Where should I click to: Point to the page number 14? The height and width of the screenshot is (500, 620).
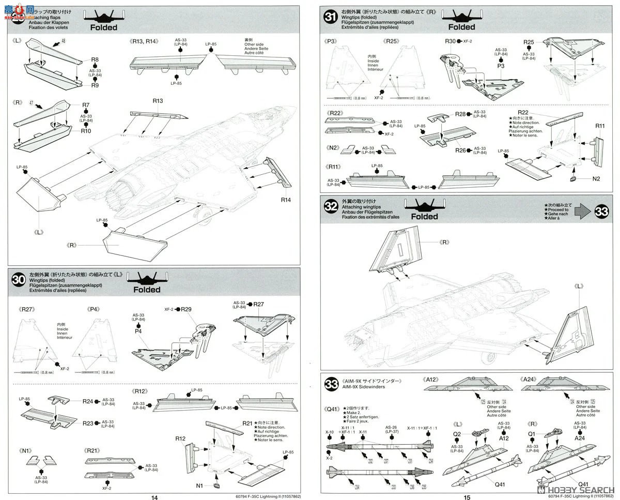pyautogui.click(x=153, y=497)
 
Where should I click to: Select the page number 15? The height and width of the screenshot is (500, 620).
pyautogui.click(x=467, y=497)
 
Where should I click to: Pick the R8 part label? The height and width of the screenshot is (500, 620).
pyautogui.click(x=95, y=60)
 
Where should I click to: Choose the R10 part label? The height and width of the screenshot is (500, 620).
pyautogui.click(x=86, y=131)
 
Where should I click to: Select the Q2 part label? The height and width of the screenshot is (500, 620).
pyautogui.click(x=457, y=434)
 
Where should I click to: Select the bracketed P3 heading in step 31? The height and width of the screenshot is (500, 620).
pyautogui.click(x=331, y=41)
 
